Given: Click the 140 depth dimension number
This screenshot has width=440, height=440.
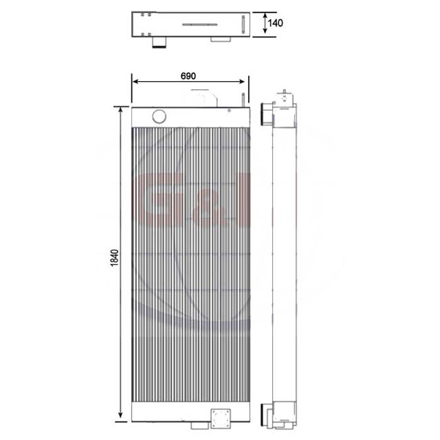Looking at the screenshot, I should coord(275,23).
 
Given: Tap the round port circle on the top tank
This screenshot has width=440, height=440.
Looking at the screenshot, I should coord(159,116).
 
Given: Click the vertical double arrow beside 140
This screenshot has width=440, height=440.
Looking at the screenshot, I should coord(262,24).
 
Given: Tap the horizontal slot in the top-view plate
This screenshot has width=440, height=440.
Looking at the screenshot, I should coord(201,25).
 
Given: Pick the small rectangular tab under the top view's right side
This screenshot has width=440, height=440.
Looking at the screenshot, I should coord(220,39).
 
